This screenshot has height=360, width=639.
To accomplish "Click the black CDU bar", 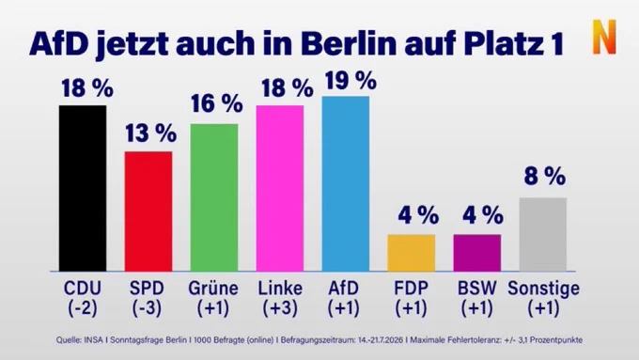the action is point(83,188).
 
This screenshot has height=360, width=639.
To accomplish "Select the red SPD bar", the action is point(148,211).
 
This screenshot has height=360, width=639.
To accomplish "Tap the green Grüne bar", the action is point(214,197).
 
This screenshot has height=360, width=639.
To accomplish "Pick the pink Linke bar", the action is point(280,188).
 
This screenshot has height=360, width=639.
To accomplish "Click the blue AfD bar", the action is point(346,184).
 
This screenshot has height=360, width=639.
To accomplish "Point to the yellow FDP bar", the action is point(412,253).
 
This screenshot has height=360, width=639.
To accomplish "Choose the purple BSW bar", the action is point(477,253).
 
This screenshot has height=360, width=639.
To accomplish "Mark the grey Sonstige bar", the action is point(543,234).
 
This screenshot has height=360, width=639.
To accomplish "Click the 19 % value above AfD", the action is point(351,80).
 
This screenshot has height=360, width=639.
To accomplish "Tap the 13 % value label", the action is point(150,133).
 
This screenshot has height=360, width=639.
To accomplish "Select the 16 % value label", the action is point(217,103).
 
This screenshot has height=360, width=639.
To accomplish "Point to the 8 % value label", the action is point(545,177).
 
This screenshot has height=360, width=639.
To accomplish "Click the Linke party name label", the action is point(280,289).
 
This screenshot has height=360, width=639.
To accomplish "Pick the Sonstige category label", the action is point(544,290).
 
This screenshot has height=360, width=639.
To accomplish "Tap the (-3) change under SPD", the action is point(147,308).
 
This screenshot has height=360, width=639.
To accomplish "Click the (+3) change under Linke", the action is point(280,308).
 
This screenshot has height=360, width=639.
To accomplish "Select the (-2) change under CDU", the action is point(83,308).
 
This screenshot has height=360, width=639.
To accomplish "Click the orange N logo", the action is point(604,37).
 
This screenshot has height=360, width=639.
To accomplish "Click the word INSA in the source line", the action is point(94,339).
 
